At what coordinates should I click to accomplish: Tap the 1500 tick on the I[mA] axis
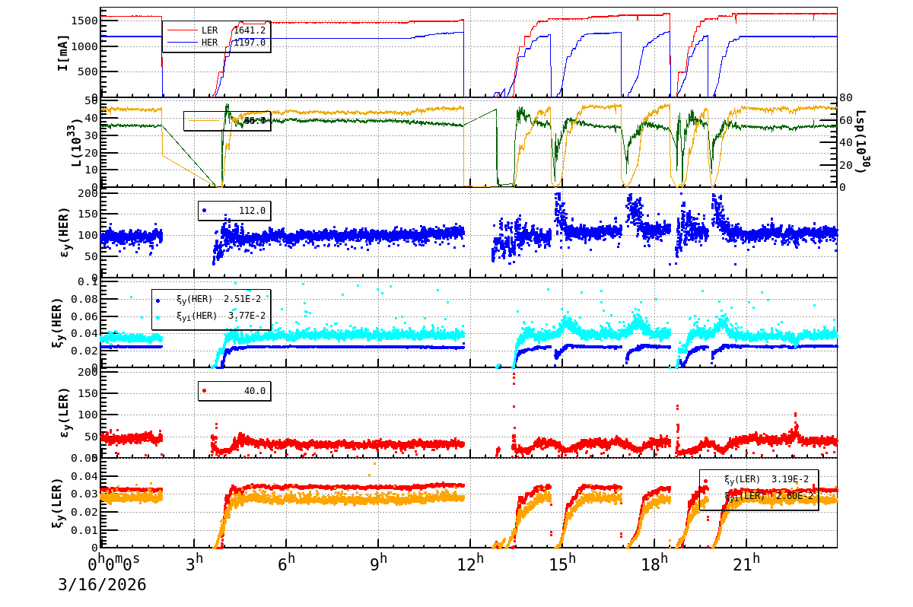tap(84, 21)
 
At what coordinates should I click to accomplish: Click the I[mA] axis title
tap(64, 52)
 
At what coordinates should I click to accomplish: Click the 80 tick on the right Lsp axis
tap(846, 97)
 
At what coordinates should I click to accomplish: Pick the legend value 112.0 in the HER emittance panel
tap(252, 211)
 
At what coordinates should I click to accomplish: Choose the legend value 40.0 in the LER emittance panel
tap(254, 391)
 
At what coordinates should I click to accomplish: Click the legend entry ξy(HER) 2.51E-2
tap(221, 300)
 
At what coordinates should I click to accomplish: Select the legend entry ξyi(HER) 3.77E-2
tap(221, 316)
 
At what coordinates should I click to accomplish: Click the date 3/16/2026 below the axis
tap(102, 585)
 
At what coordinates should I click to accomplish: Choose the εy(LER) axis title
tap(64, 412)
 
